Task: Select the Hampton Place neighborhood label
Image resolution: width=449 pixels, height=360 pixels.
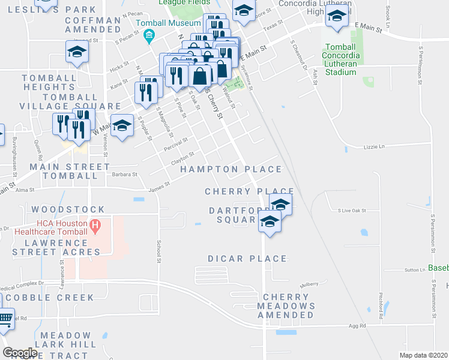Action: [231, 170]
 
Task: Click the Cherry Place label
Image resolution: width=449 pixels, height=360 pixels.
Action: [240, 191]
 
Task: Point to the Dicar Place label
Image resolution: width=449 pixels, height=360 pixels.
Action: [247, 259]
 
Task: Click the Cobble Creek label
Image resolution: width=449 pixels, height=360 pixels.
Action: [50, 298]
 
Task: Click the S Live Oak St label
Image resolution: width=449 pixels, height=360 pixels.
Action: [352, 211]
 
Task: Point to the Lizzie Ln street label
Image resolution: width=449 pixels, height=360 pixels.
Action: [373, 146]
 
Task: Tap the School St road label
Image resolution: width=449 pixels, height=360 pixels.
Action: [159, 252]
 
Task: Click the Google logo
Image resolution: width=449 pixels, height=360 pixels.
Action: [20, 353]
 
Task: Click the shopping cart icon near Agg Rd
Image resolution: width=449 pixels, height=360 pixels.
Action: [5, 317]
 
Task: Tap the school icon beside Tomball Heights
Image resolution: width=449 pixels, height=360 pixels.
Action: [77, 52]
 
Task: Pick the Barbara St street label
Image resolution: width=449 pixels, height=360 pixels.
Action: [125, 175]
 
